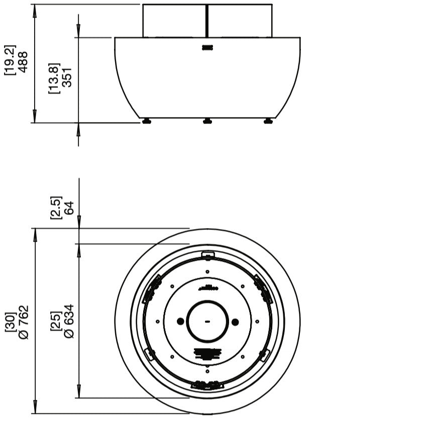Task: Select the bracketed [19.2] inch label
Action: (x=11, y=60)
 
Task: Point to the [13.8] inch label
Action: (x=54, y=78)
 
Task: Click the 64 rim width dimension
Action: (x=69, y=207)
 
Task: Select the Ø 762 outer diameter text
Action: (x=23, y=322)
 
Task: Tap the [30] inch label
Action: (x=10, y=322)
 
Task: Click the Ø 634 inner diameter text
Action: (x=69, y=321)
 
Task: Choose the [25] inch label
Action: (x=56, y=321)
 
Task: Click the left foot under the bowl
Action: (x=147, y=121)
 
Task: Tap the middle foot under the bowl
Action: (x=207, y=121)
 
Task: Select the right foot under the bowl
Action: (x=268, y=121)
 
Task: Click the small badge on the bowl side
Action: (x=207, y=48)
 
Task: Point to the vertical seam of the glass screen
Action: (x=207, y=20)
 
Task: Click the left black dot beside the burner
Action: (x=180, y=321)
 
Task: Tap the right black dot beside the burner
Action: (x=235, y=321)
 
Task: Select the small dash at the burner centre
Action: (x=207, y=321)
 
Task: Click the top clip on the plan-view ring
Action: (x=207, y=256)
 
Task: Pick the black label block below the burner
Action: (x=207, y=353)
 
